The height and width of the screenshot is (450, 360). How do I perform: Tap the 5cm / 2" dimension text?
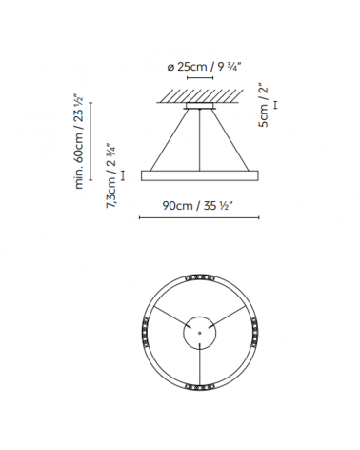(x=268, y=104)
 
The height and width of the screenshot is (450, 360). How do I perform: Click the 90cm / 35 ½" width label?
(x=200, y=204)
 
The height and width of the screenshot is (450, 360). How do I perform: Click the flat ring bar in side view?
(x=200, y=174)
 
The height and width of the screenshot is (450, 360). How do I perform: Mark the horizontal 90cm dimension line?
(x=200, y=218)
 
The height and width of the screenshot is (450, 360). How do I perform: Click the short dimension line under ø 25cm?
(x=200, y=81)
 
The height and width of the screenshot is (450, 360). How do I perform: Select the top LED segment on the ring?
(x=200, y=275)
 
